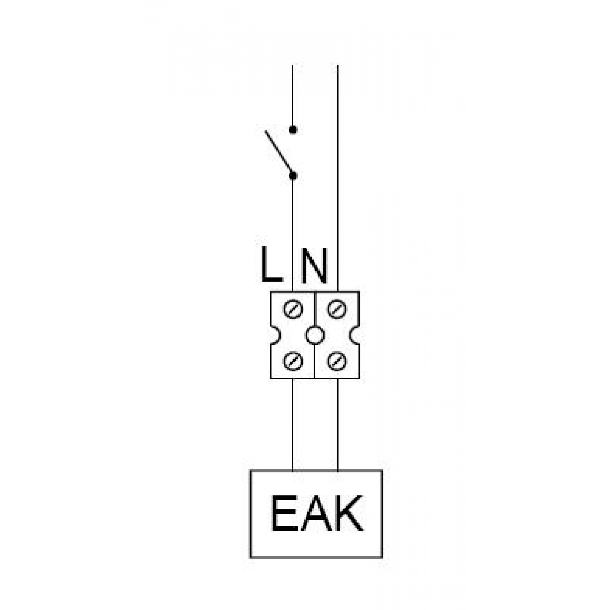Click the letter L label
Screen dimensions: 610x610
click(x=271, y=265)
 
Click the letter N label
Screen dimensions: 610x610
click(x=314, y=265)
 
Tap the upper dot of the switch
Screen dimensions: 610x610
click(x=293, y=129)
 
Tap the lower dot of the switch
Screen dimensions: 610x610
click(x=293, y=176)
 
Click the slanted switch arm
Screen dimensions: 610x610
click(x=279, y=151)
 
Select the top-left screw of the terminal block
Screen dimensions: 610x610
click(x=293, y=309)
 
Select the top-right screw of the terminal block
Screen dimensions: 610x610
click(x=337, y=309)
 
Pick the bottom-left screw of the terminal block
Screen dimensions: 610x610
click(x=293, y=362)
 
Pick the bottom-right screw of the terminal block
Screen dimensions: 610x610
click(x=337, y=362)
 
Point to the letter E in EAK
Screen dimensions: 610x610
click(x=285, y=513)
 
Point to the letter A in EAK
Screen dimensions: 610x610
click(x=316, y=513)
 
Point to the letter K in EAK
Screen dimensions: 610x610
click(x=349, y=513)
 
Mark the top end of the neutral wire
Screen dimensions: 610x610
click(x=337, y=65)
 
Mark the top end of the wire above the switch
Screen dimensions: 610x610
click(x=293, y=65)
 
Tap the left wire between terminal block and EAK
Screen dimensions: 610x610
click(x=293, y=425)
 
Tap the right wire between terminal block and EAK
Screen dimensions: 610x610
click(x=337, y=425)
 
